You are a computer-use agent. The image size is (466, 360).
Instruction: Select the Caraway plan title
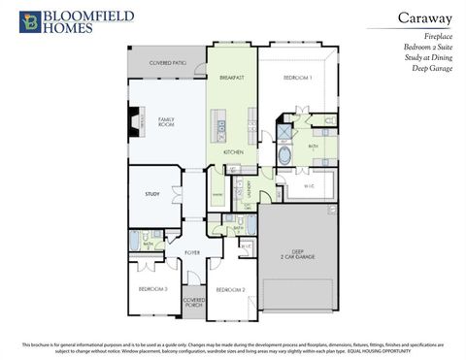pos(422,16)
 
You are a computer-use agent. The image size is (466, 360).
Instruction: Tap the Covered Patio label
pos(167,62)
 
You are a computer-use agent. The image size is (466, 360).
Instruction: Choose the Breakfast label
pos(231,77)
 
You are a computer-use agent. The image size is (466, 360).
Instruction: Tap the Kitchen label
pos(233,153)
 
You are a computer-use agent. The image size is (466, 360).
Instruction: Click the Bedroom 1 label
pos(297,77)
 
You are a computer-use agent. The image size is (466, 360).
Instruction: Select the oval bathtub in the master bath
pos(284,154)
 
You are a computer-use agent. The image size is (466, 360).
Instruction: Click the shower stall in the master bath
pos(286,129)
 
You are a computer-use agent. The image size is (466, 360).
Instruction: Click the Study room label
pos(152,195)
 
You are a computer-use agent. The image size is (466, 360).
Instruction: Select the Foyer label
pos(192,252)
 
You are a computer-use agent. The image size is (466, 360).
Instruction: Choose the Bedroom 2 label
pos(229,289)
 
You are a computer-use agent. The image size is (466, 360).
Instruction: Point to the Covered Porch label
pos(193,303)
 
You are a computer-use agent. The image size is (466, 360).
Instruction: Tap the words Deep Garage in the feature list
pos(433,69)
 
